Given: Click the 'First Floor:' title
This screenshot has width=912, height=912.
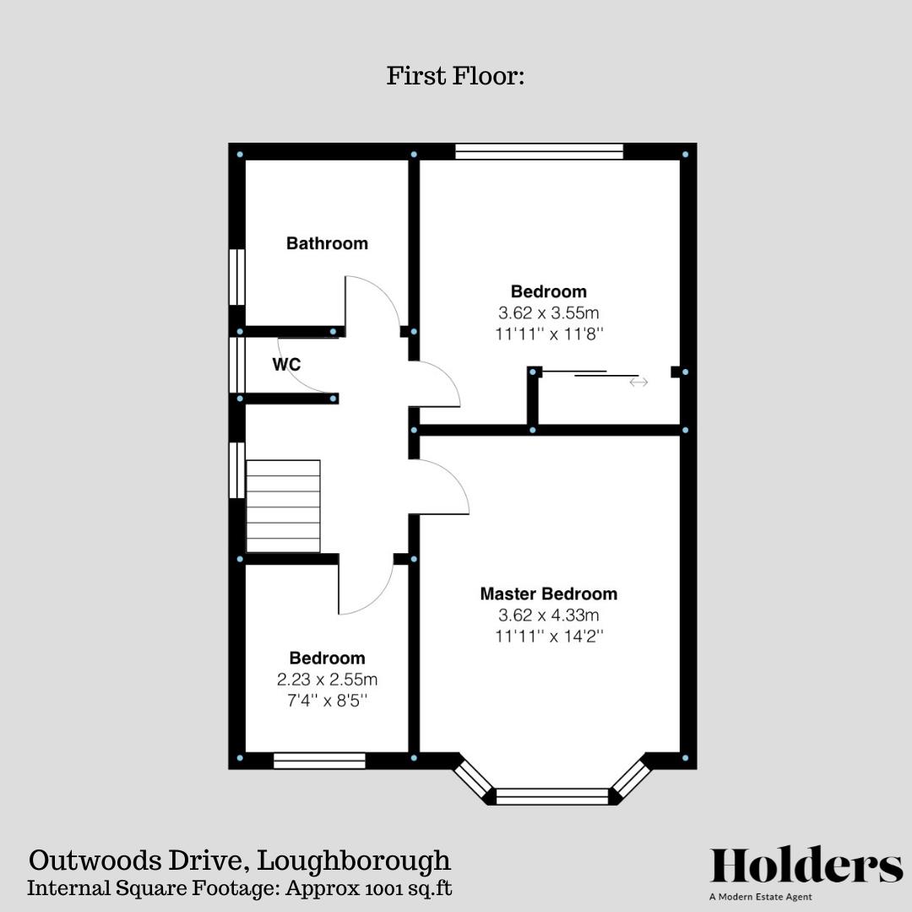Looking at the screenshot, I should pos(456,76).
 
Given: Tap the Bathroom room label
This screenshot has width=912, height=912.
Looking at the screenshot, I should pos(327,243).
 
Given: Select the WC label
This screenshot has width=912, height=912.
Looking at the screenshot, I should pos(286,365).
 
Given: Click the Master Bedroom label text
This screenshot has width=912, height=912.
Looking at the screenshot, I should pos(548,594).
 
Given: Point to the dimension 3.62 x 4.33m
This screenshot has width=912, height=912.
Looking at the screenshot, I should pos(548,616).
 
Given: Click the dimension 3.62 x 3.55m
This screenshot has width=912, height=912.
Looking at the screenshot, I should pos(548,313).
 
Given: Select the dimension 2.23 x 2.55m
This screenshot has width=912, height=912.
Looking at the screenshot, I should pos(327,679).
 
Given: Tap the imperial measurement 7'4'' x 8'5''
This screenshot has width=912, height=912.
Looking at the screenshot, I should pos(327,700).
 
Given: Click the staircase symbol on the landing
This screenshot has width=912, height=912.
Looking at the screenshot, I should pos(283,506).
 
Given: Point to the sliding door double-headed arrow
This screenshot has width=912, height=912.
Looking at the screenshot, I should pos(638,383).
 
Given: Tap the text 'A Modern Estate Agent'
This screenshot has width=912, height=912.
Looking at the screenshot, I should pos(761,897).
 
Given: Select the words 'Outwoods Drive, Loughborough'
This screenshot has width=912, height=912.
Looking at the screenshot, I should pos(240,861).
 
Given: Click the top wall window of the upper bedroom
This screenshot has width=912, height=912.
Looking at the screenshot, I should pos(539,152).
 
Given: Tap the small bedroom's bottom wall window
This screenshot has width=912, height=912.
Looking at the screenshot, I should pos(319,761).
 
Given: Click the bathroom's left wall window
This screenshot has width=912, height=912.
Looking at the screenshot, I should pos(236,277).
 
